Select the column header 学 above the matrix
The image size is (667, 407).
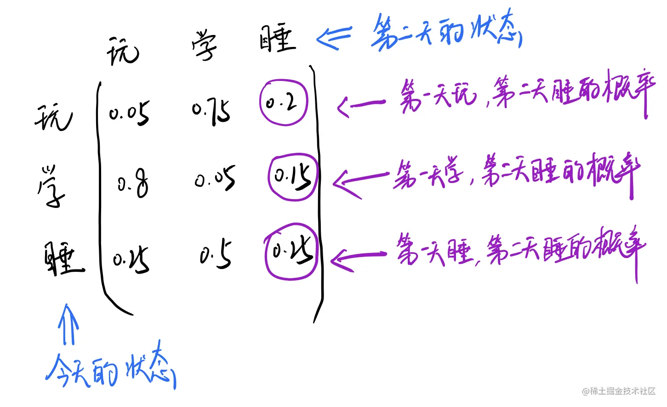point(204,45)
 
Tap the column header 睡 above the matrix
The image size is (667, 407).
point(278,39)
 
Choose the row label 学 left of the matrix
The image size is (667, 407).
point(51,187)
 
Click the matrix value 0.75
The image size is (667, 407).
point(211,112)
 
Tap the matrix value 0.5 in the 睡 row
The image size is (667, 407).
point(216,254)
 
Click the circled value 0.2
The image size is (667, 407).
point(283,103)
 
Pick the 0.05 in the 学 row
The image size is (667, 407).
point(215,178)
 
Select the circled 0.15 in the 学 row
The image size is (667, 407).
point(293,177)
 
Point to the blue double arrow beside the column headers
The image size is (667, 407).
point(334,37)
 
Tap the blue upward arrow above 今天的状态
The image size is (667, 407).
point(68,324)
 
